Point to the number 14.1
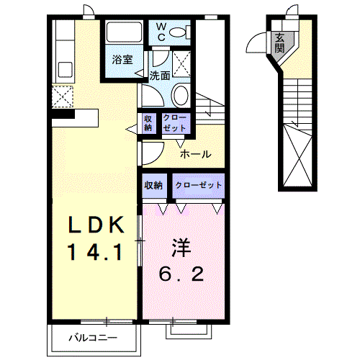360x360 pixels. tap(93, 251)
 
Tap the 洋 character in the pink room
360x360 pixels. tap(180, 248)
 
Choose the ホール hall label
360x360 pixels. tap(194, 154)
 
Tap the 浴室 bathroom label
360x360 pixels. tap(122, 60)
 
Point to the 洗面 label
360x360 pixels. tap(160, 75)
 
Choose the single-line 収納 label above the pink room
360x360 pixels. tap(153, 185)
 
